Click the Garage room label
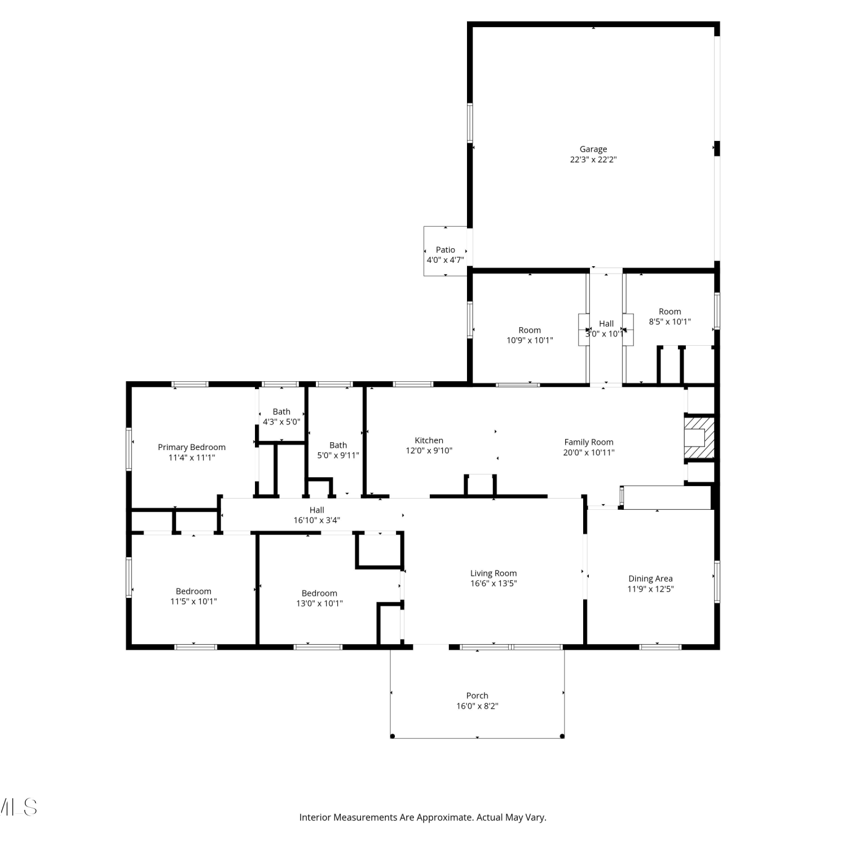click(593, 149)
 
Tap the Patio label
click(446, 250)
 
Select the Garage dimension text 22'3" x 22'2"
click(593, 160)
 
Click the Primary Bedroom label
click(192, 447)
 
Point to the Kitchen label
click(429, 440)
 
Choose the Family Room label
click(589, 442)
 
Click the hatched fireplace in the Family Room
click(699, 437)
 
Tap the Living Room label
click(493, 574)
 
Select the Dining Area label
click(651, 579)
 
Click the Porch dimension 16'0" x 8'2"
click(478, 706)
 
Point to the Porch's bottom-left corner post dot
click(393, 736)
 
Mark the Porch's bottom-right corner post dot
click(562, 736)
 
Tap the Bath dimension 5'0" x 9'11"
click(338, 456)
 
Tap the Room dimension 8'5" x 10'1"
click(670, 322)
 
